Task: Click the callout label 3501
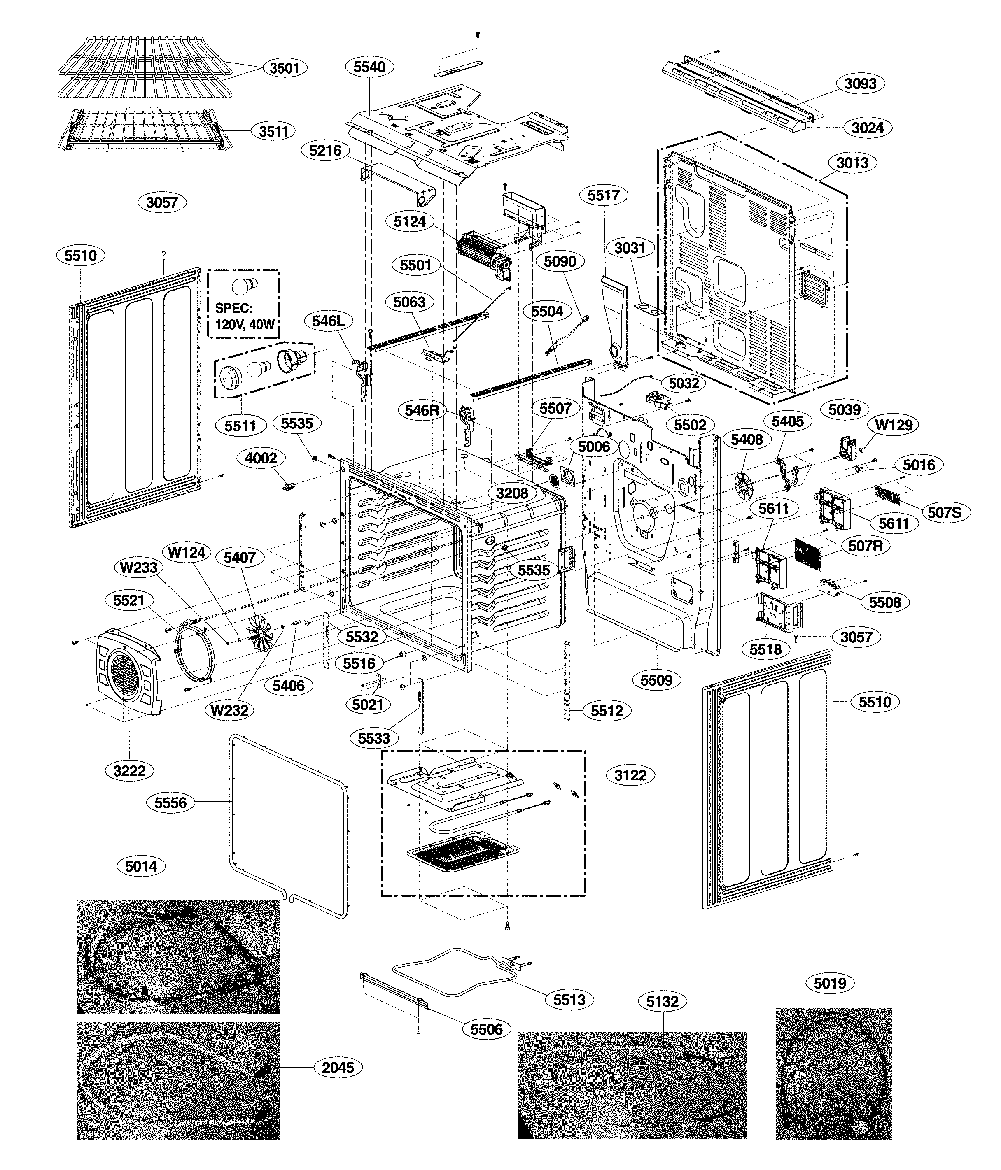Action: click(x=284, y=68)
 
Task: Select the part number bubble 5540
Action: click(x=369, y=67)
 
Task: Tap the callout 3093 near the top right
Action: click(x=860, y=84)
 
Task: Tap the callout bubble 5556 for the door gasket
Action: click(x=170, y=802)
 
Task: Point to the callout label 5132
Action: click(x=662, y=1002)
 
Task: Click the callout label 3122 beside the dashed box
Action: click(x=630, y=775)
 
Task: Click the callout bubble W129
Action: click(x=893, y=425)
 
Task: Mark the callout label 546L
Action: click(x=328, y=321)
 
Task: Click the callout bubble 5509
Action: click(x=656, y=680)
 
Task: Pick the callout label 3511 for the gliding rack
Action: click(x=273, y=132)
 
